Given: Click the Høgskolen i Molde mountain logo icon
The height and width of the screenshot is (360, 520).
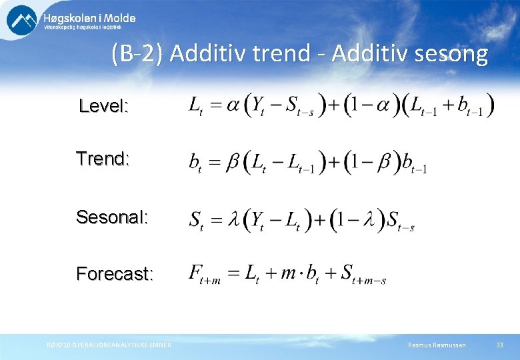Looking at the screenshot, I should coord(22,20).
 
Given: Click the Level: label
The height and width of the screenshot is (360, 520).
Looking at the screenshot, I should coord(103,106).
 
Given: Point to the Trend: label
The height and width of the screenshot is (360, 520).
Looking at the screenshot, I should coord(103,159).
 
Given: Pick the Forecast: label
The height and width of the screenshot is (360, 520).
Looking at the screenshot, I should coord(115,274).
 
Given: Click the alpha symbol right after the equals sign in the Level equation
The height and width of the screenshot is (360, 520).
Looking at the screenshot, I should coord(233,105).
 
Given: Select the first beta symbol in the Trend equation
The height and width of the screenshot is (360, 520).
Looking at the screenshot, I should coord(231,162).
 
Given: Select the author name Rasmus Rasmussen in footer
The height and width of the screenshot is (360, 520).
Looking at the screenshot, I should coord(437,345).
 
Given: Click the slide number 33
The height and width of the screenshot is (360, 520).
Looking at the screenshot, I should coord(499,345).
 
